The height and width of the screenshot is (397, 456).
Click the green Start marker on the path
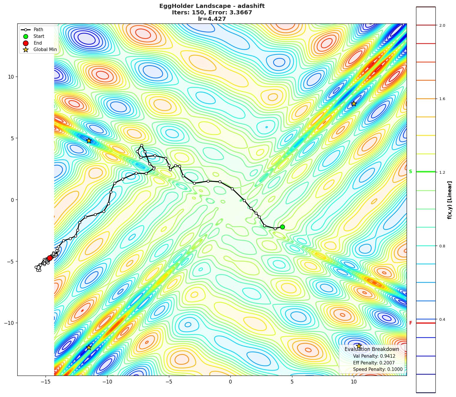[x=282, y=227]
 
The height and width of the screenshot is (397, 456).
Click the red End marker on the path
[x=50, y=258]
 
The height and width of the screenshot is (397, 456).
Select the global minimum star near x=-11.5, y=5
[x=89, y=141]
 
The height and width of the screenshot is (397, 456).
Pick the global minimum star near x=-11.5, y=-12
[x=89, y=347]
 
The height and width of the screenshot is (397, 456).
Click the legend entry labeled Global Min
[x=45, y=50]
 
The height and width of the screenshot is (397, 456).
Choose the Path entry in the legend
[x=38, y=30]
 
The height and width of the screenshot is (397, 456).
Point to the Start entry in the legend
[x=39, y=36]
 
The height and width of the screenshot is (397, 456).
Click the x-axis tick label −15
[x=45, y=382]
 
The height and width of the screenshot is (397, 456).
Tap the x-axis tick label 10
[x=353, y=382]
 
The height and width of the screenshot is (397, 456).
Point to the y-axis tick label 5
[x=13, y=138]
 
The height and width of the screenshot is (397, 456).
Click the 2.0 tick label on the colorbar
[x=442, y=26]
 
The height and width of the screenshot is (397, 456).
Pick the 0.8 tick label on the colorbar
[x=442, y=246]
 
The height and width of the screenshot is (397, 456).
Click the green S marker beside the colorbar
[x=410, y=172]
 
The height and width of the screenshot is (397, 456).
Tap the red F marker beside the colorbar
[x=410, y=323]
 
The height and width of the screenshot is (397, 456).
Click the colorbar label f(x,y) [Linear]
[x=450, y=200]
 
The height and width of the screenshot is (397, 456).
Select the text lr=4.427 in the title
[x=212, y=19]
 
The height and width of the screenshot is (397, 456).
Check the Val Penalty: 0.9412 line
[x=374, y=356]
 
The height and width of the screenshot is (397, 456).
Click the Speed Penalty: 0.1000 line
[x=378, y=369]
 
